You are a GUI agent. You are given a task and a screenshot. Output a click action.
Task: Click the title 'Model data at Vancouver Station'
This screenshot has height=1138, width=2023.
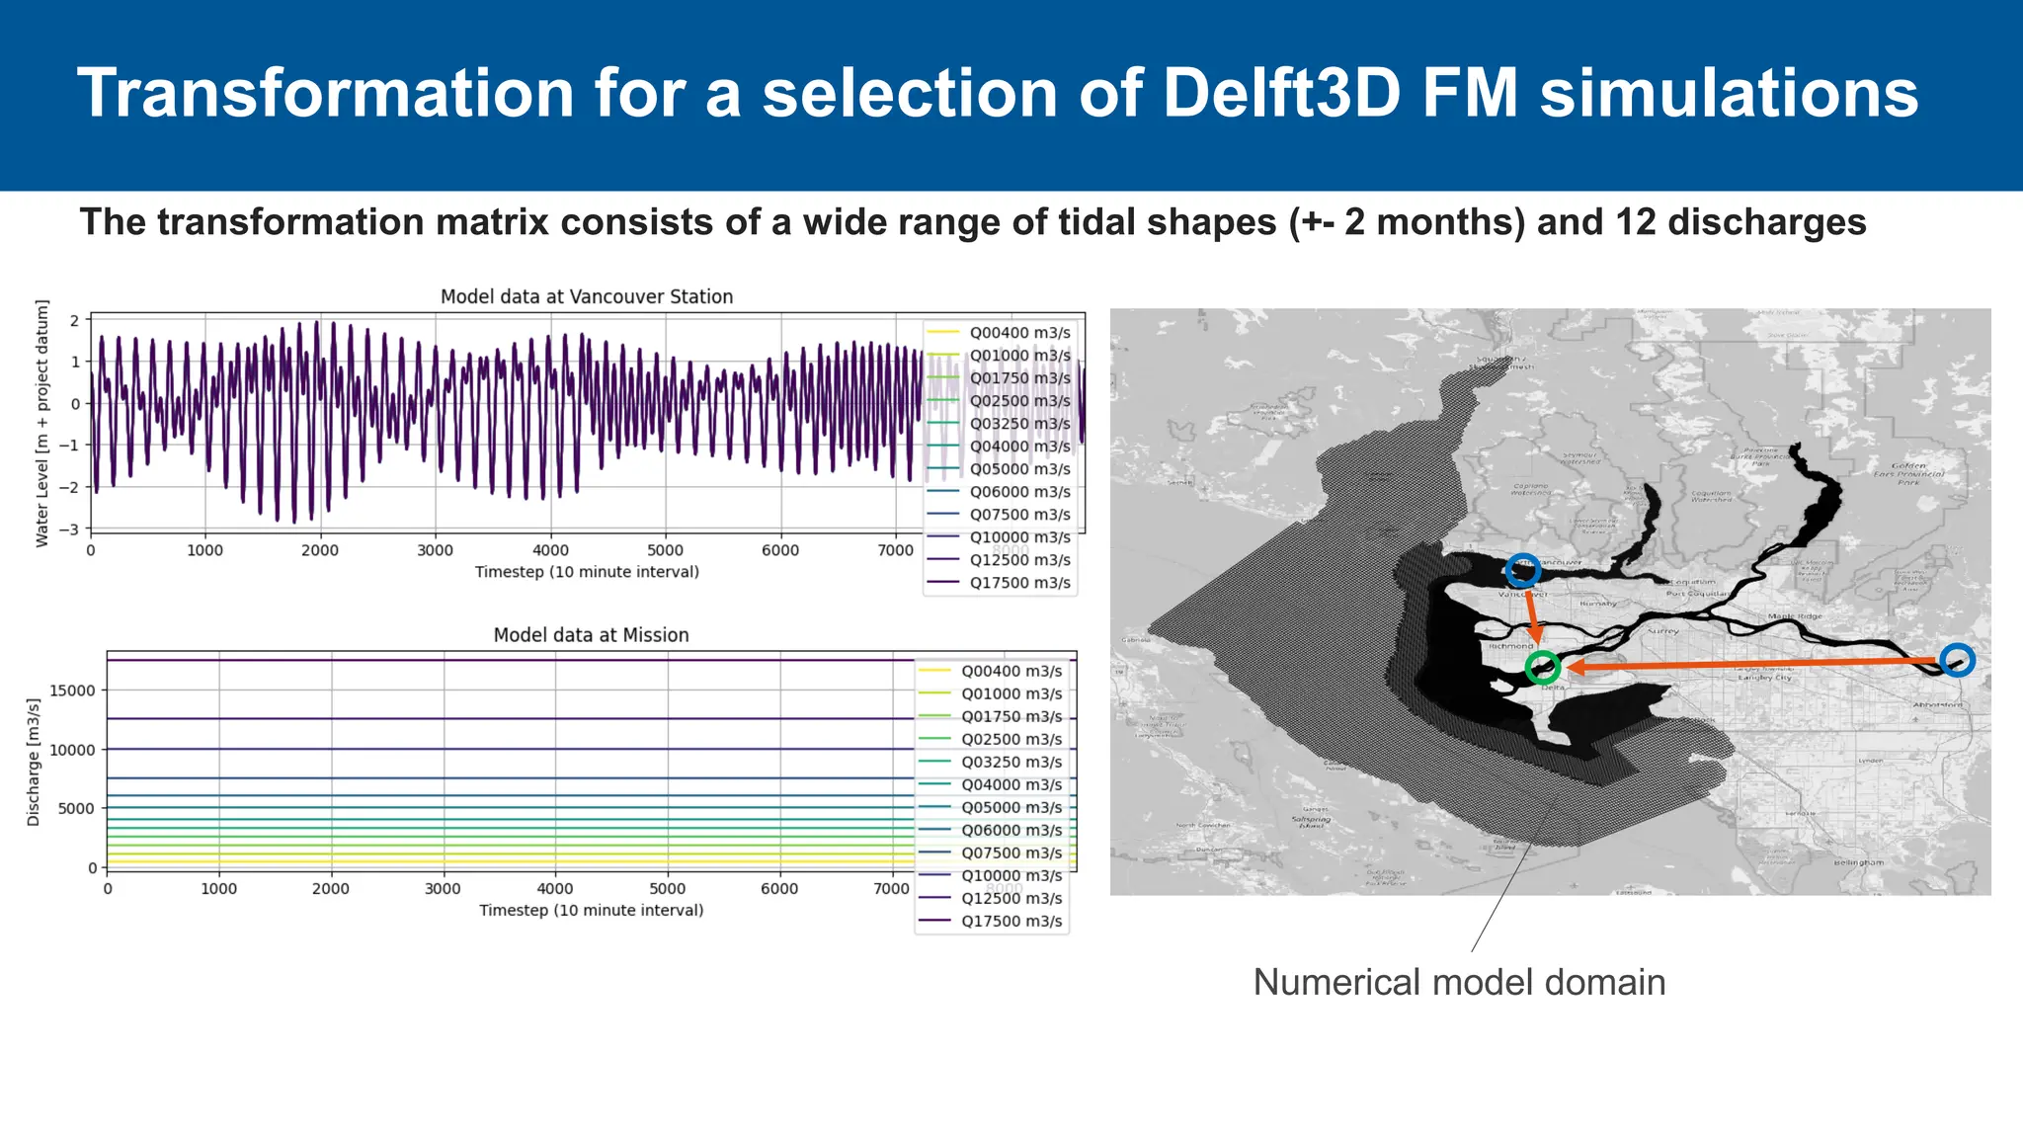click(x=586, y=297)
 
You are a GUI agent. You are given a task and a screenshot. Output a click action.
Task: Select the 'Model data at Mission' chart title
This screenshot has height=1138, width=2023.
click(x=591, y=635)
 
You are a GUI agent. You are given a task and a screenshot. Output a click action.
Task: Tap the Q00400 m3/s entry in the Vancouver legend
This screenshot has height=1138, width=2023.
click(x=1019, y=333)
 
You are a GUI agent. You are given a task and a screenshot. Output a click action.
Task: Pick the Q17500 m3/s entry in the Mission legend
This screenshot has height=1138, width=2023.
click(x=1011, y=921)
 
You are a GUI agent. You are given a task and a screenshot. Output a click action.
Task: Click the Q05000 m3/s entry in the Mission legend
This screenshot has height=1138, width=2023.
click(x=1011, y=807)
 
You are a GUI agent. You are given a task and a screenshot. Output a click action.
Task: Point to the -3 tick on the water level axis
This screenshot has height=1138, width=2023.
click(x=74, y=529)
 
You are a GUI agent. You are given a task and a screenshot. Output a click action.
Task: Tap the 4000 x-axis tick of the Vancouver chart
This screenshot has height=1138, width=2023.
click(x=550, y=550)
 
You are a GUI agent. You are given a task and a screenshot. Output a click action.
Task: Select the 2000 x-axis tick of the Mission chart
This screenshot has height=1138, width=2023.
click(x=331, y=888)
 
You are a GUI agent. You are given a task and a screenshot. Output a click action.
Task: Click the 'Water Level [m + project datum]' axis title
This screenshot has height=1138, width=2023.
click(x=41, y=425)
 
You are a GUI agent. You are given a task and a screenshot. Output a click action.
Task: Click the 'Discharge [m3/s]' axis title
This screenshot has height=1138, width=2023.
click(x=34, y=762)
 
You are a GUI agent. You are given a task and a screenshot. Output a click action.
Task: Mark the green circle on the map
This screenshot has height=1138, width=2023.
click(x=1542, y=668)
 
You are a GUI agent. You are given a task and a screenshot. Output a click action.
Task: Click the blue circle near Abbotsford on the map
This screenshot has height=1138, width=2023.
click(x=1956, y=660)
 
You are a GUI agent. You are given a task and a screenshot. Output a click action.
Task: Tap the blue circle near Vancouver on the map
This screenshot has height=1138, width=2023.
click(x=1522, y=570)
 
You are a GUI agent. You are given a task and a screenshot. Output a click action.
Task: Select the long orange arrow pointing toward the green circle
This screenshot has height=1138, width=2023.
click(x=1748, y=664)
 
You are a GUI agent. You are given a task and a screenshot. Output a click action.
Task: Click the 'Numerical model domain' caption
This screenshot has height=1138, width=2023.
click(x=1459, y=982)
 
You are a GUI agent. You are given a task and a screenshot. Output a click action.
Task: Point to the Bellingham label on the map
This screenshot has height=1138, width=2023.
click(x=1858, y=862)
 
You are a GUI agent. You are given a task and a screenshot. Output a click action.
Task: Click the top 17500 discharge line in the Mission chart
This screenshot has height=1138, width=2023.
click(x=494, y=660)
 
